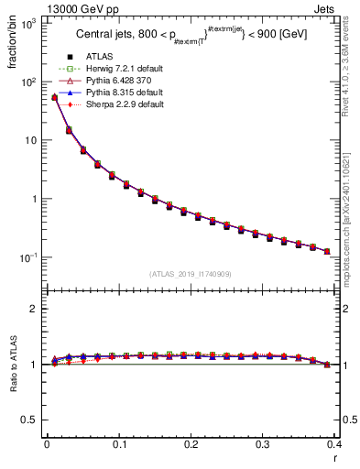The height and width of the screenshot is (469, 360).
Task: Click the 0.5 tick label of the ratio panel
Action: [x=30, y=420]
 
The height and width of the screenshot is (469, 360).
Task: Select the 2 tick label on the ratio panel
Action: [x=34, y=309]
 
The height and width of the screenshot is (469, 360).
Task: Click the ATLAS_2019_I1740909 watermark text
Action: [x=191, y=274]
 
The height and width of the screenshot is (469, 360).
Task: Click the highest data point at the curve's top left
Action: [x=54, y=97]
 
